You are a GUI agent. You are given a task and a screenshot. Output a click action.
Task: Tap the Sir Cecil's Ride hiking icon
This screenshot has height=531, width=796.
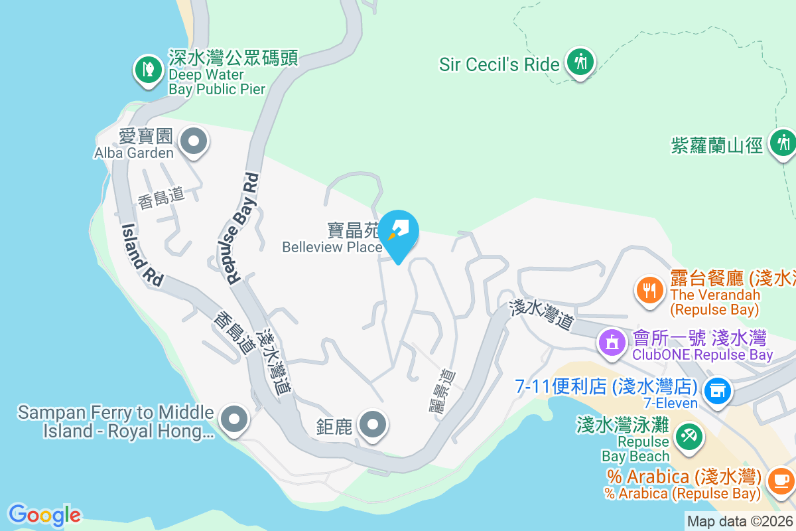[x=580, y=62]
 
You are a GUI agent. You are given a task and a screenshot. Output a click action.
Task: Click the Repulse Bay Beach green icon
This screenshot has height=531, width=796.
[x=688, y=436]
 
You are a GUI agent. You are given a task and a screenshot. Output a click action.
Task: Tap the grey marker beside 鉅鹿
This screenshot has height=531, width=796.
[x=372, y=423]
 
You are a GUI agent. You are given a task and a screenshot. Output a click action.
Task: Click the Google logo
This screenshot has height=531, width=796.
[x=44, y=515]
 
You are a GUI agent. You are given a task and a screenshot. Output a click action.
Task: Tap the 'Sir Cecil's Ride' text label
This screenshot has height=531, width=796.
[x=499, y=64]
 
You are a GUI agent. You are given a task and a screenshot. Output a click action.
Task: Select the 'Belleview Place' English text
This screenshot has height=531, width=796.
[x=332, y=247]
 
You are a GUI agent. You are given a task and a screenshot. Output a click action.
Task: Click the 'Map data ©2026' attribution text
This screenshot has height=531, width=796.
[x=740, y=522]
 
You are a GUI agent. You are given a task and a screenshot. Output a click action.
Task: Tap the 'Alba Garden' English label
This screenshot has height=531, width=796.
[x=133, y=153]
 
